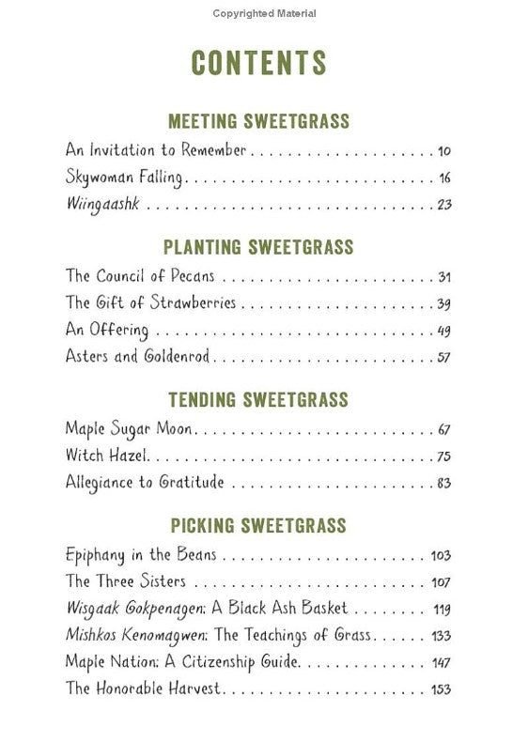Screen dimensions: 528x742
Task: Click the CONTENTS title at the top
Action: [258, 62]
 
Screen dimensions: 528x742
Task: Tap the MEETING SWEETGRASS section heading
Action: [258, 121]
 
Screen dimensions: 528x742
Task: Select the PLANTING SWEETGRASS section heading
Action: [258, 247]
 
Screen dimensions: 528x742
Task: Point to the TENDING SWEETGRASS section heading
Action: [258, 399]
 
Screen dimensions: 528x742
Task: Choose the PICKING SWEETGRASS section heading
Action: [258, 525]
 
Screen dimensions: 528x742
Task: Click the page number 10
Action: [444, 150]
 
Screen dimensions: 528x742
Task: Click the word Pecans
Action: [192, 276]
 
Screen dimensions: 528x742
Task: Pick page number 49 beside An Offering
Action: [444, 330]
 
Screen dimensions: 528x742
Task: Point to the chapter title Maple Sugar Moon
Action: [129, 429]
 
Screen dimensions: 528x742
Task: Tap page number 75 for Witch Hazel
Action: [444, 456]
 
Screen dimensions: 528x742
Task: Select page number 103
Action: [441, 555]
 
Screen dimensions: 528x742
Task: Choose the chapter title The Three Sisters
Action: [125, 581]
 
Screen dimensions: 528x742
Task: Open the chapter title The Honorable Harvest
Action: [143, 688]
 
